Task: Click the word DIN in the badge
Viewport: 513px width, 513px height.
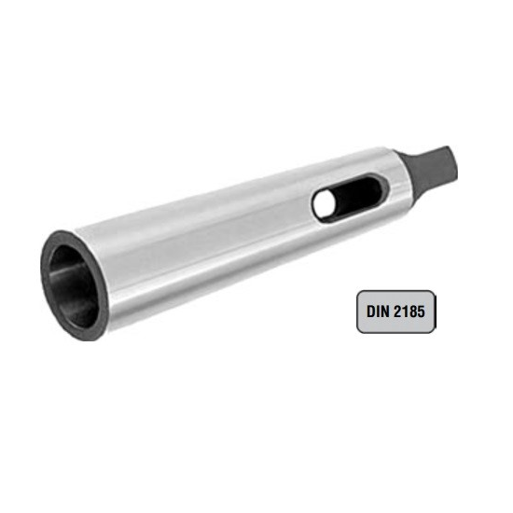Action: coord(378,312)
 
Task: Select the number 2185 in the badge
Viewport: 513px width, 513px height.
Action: coord(409,312)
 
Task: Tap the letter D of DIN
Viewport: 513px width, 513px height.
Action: coord(371,312)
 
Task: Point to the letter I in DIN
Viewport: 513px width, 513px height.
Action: coord(378,312)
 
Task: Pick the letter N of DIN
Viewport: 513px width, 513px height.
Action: coord(385,312)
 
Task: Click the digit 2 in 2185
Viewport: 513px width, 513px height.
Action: coord(397,312)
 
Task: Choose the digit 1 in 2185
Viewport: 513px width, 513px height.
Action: coord(405,312)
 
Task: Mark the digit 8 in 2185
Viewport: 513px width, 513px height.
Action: coord(412,312)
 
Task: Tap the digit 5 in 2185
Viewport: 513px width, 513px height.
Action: coord(421,312)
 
